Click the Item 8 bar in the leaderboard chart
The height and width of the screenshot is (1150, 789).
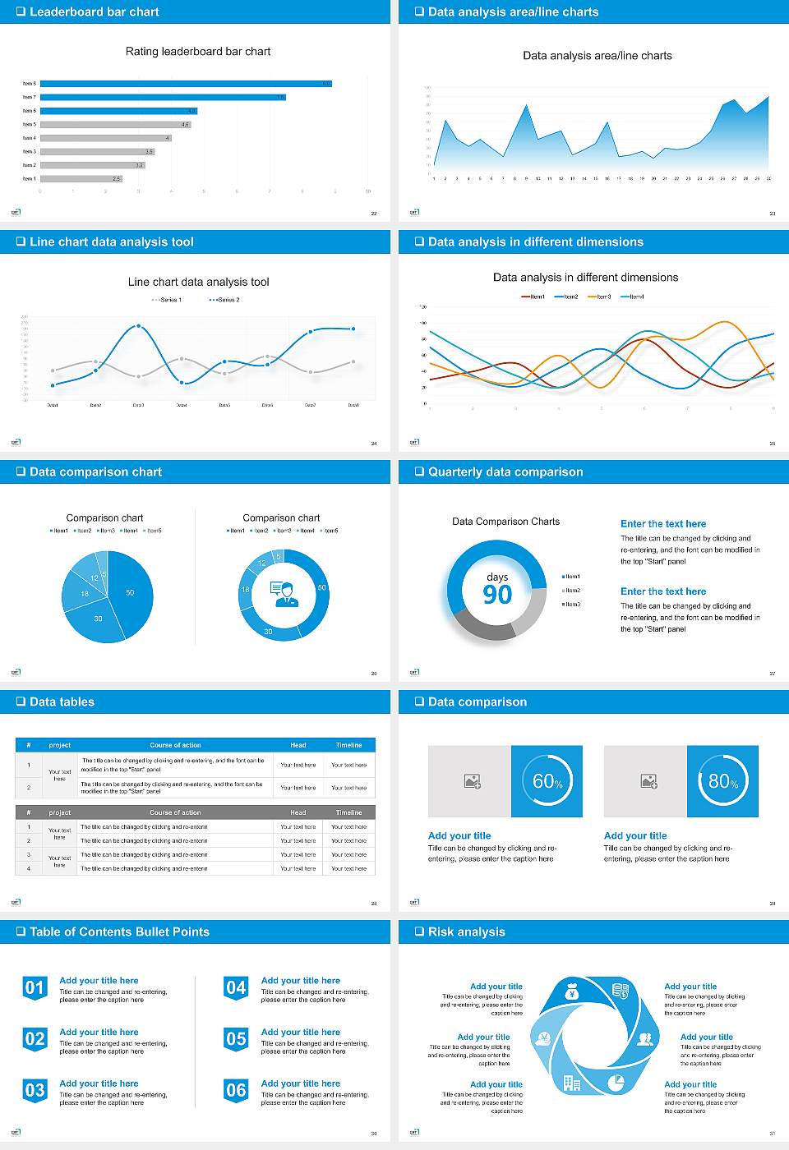(x=186, y=84)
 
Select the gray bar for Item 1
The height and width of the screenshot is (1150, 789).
(x=81, y=178)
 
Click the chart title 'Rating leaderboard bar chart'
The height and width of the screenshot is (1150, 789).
(x=198, y=51)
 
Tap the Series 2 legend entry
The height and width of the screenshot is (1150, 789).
(x=224, y=300)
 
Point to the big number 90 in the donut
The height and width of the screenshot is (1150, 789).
(x=497, y=595)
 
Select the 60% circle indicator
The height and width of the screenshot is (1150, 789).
(x=547, y=781)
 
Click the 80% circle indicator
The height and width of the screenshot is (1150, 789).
(x=723, y=781)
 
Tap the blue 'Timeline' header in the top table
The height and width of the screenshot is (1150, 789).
(x=348, y=745)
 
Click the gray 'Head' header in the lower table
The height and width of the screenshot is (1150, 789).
(x=298, y=812)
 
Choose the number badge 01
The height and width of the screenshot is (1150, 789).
(x=35, y=987)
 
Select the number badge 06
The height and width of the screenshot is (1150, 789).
(x=236, y=1090)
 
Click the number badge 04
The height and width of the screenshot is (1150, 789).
(x=236, y=987)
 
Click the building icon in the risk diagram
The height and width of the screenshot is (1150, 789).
(x=571, y=1083)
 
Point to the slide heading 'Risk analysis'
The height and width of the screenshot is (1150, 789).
(x=466, y=931)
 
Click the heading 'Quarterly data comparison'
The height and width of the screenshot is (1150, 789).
(x=505, y=471)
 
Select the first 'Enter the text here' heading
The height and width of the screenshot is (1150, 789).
(x=663, y=523)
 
